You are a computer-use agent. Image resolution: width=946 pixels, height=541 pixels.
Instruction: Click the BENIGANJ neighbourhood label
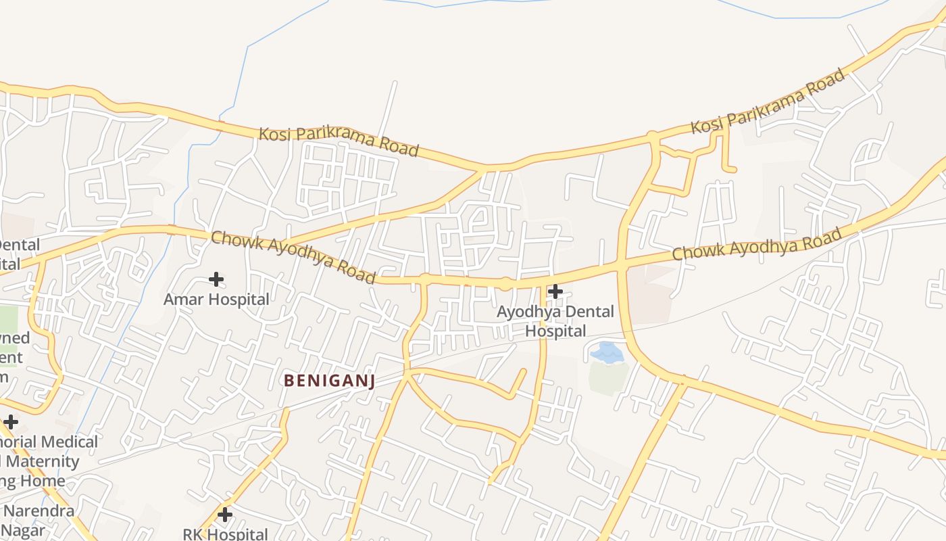click(x=329, y=381)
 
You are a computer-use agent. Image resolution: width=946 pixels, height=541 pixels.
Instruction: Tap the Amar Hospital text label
click(x=216, y=299)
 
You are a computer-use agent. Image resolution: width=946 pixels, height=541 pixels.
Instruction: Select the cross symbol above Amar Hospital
click(x=216, y=279)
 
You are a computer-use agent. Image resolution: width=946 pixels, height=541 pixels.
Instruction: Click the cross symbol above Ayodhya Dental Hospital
click(x=555, y=291)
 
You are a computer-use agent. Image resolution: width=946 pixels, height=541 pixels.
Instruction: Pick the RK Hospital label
click(x=225, y=534)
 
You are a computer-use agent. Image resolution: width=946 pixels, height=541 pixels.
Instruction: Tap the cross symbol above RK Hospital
click(x=225, y=515)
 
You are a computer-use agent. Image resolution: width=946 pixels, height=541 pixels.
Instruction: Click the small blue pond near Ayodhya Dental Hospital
click(x=607, y=352)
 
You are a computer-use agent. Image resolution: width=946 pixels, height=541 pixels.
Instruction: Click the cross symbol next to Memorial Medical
click(x=10, y=422)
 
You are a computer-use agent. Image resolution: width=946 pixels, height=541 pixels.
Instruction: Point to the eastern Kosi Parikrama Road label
click(x=768, y=101)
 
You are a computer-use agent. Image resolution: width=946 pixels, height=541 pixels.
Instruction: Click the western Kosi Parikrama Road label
click(x=339, y=141)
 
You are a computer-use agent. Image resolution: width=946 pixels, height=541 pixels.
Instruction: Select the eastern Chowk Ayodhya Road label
click(x=757, y=244)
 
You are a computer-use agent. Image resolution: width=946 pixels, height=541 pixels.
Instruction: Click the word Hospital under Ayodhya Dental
click(x=555, y=331)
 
